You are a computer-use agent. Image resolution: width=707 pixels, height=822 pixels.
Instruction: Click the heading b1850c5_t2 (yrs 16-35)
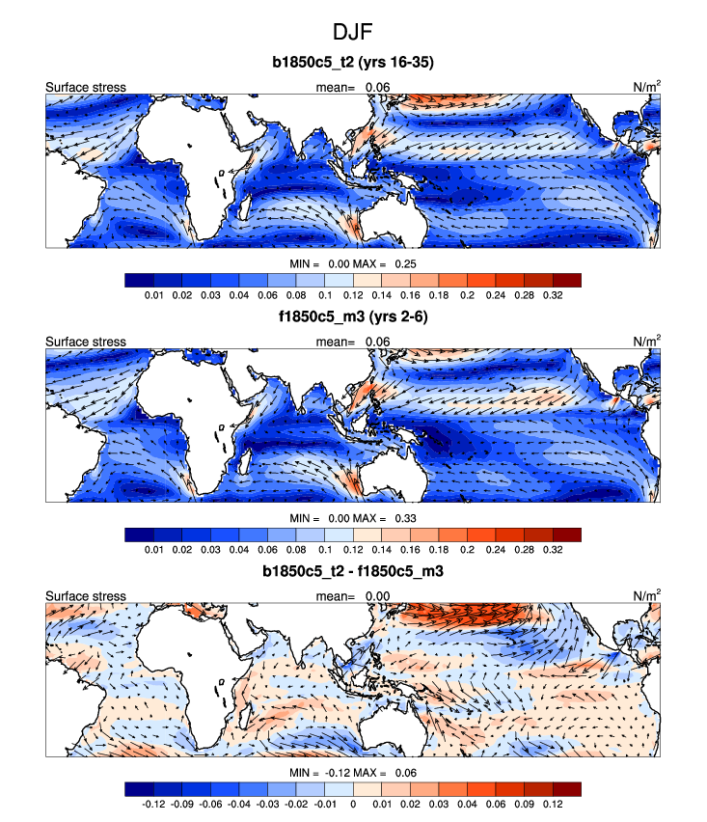point(353,64)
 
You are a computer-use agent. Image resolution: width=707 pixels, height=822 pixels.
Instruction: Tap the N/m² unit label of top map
point(645,87)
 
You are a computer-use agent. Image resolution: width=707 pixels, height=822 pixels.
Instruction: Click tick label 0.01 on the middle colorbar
point(151,550)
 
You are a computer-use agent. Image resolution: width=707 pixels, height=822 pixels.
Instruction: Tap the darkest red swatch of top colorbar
point(566,280)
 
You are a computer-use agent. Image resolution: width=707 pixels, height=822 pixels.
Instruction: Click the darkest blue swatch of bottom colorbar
point(139,789)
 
